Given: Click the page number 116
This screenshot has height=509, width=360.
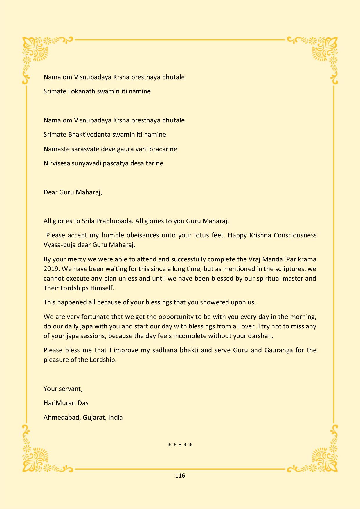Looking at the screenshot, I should coord(180,475).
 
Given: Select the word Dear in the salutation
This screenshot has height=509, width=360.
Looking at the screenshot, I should coord(50,192).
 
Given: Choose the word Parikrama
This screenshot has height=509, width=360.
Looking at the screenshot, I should coord(302,259).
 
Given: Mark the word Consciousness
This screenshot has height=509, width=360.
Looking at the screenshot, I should coord(295,235).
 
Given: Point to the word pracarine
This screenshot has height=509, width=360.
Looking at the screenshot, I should coord(162,149).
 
